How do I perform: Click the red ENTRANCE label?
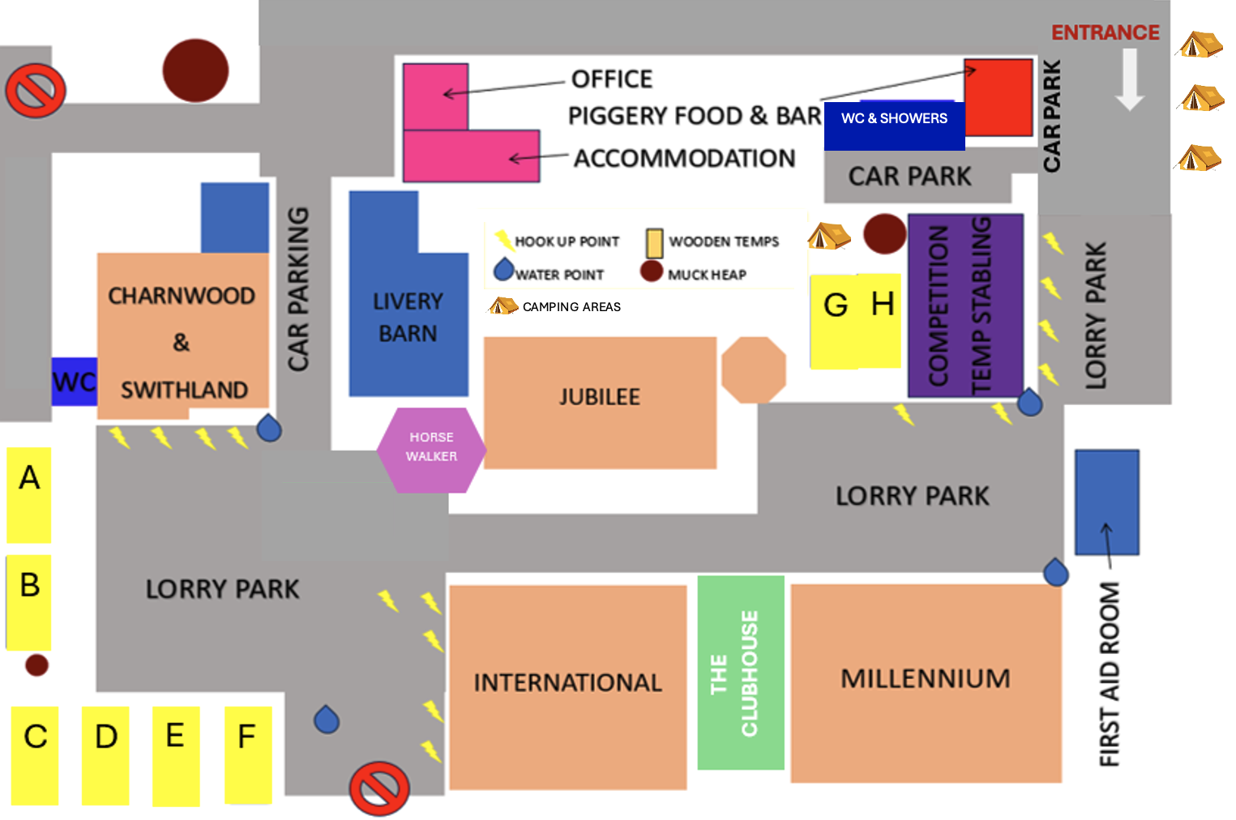tap(1105, 32)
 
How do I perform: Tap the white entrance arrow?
tap(1130, 79)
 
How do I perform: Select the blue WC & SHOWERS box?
tap(894, 126)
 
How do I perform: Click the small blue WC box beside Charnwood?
tap(74, 382)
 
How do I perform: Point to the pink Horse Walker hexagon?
tap(431, 450)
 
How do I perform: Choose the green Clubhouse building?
tap(741, 673)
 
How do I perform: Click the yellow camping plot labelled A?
tap(29, 495)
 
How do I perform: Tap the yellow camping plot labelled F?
tap(248, 754)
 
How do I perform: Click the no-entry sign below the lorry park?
tap(379, 788)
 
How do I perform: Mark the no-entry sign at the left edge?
tap(36, 90)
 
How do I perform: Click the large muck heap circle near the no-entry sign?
tap(195, 70)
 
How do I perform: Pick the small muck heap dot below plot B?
tap(36, 665)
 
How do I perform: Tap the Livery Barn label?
tap(408, 318)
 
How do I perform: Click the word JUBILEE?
tap(600, 397)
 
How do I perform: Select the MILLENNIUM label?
tap(926, 678)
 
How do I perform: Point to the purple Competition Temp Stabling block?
tap(965, 305)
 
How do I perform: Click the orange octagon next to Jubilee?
tap(754, 370)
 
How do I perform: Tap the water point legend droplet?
tap(503, 270)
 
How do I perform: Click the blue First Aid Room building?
tap(1106, 502)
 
